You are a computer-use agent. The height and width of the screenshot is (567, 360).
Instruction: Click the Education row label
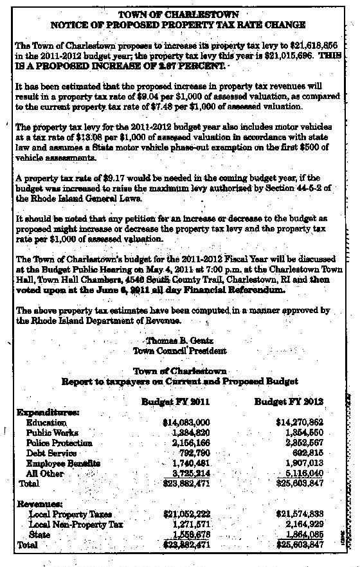46,422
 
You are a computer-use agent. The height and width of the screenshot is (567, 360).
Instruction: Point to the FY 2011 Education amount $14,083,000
186,422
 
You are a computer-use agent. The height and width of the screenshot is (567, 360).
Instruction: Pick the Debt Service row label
51,453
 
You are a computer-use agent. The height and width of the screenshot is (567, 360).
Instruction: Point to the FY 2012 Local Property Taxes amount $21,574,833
299,514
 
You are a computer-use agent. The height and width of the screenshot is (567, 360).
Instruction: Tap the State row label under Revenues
40,535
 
